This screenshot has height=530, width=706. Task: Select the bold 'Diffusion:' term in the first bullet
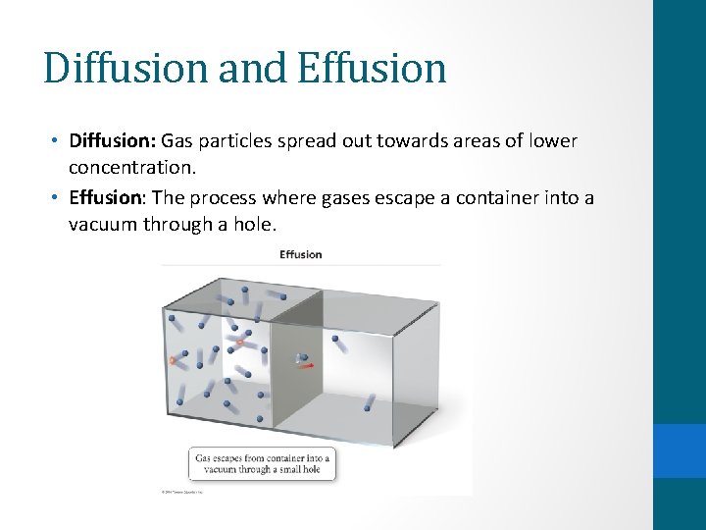[x=112, y=141]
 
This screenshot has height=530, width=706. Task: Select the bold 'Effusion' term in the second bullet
[x=106, y=198]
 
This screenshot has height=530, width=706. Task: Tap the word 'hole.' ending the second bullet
[x=256, y=225]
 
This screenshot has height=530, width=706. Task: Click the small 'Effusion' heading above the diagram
[x=301, y=255]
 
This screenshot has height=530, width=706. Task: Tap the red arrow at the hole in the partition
[x=308, y=365]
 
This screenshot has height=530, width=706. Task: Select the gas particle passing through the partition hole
[x=301, y=358]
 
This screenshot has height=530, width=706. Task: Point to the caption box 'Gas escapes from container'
[x=262, y=464]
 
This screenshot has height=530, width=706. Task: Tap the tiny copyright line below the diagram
[x=182, y=491]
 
